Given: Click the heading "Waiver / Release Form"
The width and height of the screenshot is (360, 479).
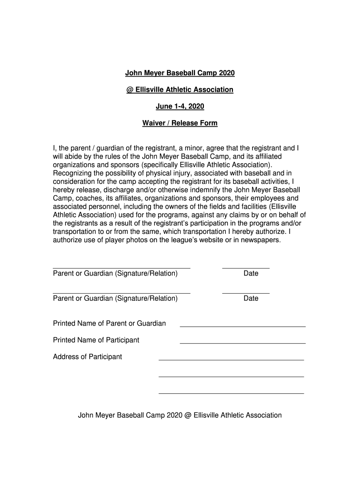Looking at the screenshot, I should point(180,123).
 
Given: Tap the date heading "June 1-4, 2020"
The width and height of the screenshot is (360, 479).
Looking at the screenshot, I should point(180,107).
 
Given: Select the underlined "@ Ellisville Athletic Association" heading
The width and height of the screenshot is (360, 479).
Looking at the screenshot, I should point(180,90).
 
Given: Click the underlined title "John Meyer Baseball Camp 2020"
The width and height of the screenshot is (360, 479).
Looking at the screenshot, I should point(180,73).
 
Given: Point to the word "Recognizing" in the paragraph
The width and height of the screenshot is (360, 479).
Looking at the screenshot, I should point(73,173).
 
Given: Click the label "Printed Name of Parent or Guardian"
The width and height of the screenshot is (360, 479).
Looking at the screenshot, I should point(109,324).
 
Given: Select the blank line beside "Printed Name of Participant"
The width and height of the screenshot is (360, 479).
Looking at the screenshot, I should point(243,343).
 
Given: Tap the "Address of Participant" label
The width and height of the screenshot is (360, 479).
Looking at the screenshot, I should point(87,357).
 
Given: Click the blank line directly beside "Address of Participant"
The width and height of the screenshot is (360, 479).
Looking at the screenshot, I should point(231,360).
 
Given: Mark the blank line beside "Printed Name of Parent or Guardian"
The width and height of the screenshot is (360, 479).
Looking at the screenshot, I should point(243,326).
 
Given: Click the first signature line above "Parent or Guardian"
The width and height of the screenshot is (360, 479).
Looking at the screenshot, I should point(122,268).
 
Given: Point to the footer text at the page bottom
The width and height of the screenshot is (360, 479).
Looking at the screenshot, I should point(180,415).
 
